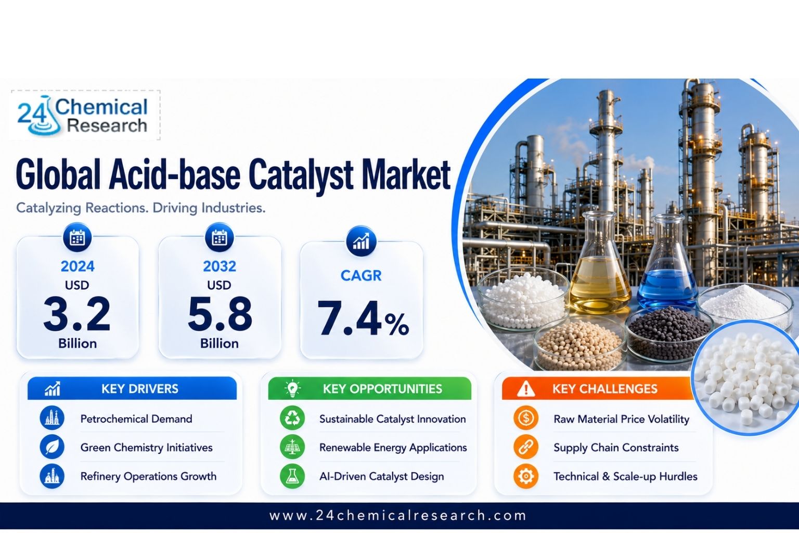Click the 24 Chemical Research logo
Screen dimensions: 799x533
click(x=83, y=116)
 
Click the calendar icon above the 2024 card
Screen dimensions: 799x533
click(x=78, y=238)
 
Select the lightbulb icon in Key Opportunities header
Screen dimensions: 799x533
click(x=293, y=388)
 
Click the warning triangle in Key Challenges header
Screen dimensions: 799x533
click(x=526, y=389)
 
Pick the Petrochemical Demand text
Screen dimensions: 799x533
click(x=136, y=419)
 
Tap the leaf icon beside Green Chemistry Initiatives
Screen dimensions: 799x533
click(x=52, y=447)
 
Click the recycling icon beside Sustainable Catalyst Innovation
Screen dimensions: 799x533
click(x=292, y=418)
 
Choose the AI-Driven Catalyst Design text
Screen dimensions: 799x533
click(x=382, y=476)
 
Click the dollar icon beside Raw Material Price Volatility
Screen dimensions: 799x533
click(x=526, y=418)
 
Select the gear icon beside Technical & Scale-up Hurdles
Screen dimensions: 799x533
click(x=526, y=476)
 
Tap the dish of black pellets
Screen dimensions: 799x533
click(x=670, y=332)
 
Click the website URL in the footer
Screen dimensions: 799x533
click(x=398, y=515)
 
